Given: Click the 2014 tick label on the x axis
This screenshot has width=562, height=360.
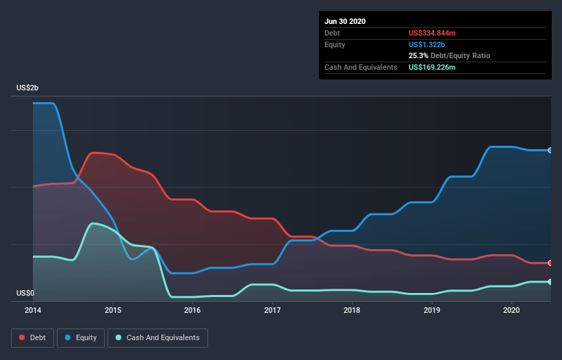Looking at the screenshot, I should [x=33, y=310].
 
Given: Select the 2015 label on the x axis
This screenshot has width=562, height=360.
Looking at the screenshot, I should [x=113, y=310].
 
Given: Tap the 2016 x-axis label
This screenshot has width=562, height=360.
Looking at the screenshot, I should [x=192, y=310].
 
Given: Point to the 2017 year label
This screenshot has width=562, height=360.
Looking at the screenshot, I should [x=272, y=310].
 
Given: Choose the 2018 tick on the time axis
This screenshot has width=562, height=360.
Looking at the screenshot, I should [x=352, y=310].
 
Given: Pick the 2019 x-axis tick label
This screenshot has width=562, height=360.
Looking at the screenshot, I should [x=432, y=310].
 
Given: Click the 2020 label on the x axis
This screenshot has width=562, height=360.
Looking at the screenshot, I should [x=512, y=310].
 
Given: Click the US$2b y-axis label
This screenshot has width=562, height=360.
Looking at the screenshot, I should [x=28, y=88].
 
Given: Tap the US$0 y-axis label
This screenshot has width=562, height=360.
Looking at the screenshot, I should [x=25, y=293].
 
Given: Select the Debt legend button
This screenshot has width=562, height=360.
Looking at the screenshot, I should [x=32, y=337].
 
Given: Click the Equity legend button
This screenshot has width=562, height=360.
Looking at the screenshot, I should [x=81, y=337].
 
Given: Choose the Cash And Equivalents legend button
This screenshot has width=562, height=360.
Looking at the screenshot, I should [x=157, y=337].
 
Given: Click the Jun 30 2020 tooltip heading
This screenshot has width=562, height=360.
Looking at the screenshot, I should [x=345, y=21].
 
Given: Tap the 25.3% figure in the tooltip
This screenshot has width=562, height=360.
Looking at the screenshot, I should [x=418, y=55].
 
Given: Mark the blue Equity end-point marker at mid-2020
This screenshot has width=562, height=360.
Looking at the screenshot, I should [x=550, y=150].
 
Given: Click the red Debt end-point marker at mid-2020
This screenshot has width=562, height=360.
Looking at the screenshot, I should [x=550, y=263].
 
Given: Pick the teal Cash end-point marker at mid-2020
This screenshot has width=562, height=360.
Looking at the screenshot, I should [x=550, y=282].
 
